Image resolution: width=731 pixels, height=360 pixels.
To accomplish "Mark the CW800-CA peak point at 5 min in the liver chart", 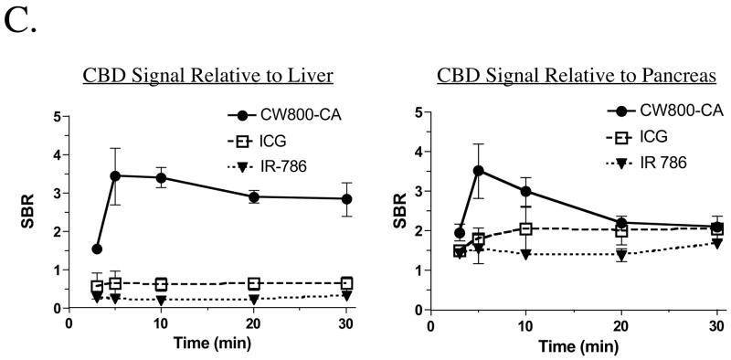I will pos(114,175).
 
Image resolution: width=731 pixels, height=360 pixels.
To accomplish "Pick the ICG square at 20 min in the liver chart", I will pos(254,283).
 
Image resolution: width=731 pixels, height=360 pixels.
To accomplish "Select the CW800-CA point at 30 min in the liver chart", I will pos(347,198).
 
